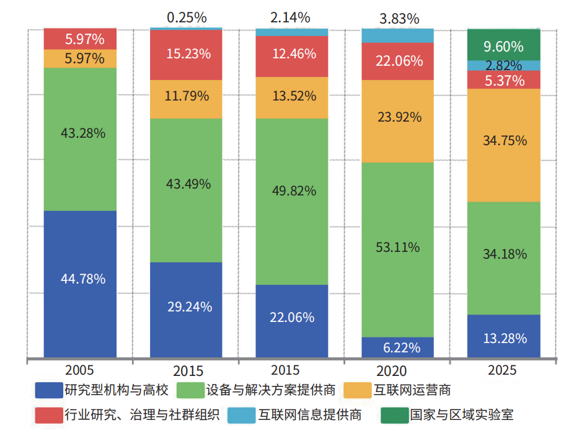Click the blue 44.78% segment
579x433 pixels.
(80, 283)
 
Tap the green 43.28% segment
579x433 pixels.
(80, 139)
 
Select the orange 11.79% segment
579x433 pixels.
(187, 99)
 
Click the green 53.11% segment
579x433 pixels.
(397, 249)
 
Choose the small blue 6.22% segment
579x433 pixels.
(397, 347)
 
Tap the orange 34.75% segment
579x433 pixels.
(504, 145)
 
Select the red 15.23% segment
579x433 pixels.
(187, 55)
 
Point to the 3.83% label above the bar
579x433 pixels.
(397, 19)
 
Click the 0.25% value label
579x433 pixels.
(187, 15)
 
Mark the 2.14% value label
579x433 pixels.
(292, 17)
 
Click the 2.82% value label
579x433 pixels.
(504, 66)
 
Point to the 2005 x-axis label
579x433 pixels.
(79, 370)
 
